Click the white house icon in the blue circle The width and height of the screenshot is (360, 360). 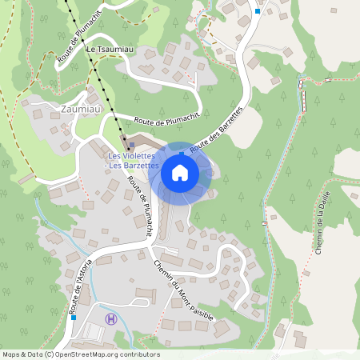click(x=180, y=172)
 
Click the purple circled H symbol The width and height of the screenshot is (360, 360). click(x=110, y=318)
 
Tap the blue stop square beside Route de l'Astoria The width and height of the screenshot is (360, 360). click(x=74, y=317)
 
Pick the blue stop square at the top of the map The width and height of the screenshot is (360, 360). click(x=257, y=11)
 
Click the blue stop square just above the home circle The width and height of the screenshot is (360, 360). click(x=182, y=151)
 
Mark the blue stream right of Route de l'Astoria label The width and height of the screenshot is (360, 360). click(x=94, y=276)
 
